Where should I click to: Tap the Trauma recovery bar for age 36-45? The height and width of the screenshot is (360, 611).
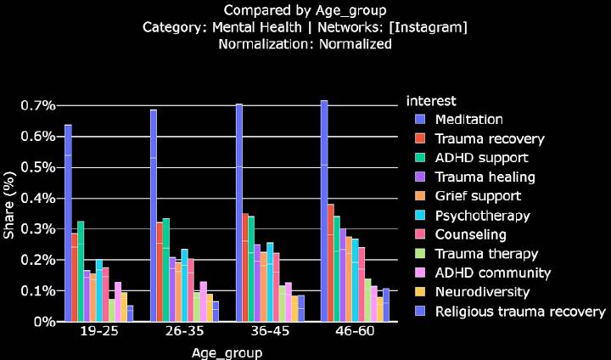(245, 267)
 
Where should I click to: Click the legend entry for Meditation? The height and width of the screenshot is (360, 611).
(468, 119)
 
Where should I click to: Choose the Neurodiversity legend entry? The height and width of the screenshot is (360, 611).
(481, 292)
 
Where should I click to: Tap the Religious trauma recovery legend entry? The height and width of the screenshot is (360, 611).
(519, 312)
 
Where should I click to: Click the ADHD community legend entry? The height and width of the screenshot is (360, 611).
(492, 273)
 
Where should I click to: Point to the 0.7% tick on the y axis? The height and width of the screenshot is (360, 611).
(37, 105)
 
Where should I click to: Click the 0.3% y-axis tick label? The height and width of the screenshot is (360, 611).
(37, 229)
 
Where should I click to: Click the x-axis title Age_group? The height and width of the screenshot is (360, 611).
(225, 352)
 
